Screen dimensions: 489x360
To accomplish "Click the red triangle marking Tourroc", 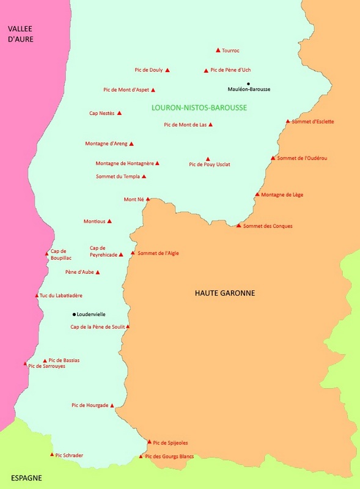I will coord(218,51).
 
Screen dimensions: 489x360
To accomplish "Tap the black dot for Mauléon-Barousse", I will coord(248,83).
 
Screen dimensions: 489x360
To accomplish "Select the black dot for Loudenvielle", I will coord(74,314).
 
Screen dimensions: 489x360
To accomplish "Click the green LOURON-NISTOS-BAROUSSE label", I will coord(199,108).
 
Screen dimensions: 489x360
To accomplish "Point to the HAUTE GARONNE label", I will coord(224,293).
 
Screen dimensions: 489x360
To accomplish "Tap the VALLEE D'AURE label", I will coord(20,34).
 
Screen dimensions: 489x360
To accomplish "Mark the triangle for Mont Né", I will coord(147,199).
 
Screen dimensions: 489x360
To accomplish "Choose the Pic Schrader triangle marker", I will coord(51,455).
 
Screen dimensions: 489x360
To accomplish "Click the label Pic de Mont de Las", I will coord(185,125).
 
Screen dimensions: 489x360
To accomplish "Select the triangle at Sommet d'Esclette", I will coord(288,122).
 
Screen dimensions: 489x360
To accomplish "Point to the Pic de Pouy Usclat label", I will coord(209,164).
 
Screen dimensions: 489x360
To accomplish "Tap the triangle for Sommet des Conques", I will coord(238,226).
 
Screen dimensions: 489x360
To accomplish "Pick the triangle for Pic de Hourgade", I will coord(112,405).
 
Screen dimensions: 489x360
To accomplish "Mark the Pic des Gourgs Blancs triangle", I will coord(141,457).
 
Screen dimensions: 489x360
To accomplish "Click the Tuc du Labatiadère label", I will coord(61,296).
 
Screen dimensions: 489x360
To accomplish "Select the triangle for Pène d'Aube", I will coord(97,273).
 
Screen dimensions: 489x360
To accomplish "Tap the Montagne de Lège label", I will coord(282,195).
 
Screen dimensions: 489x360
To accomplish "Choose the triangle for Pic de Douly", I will coord(167,70).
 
